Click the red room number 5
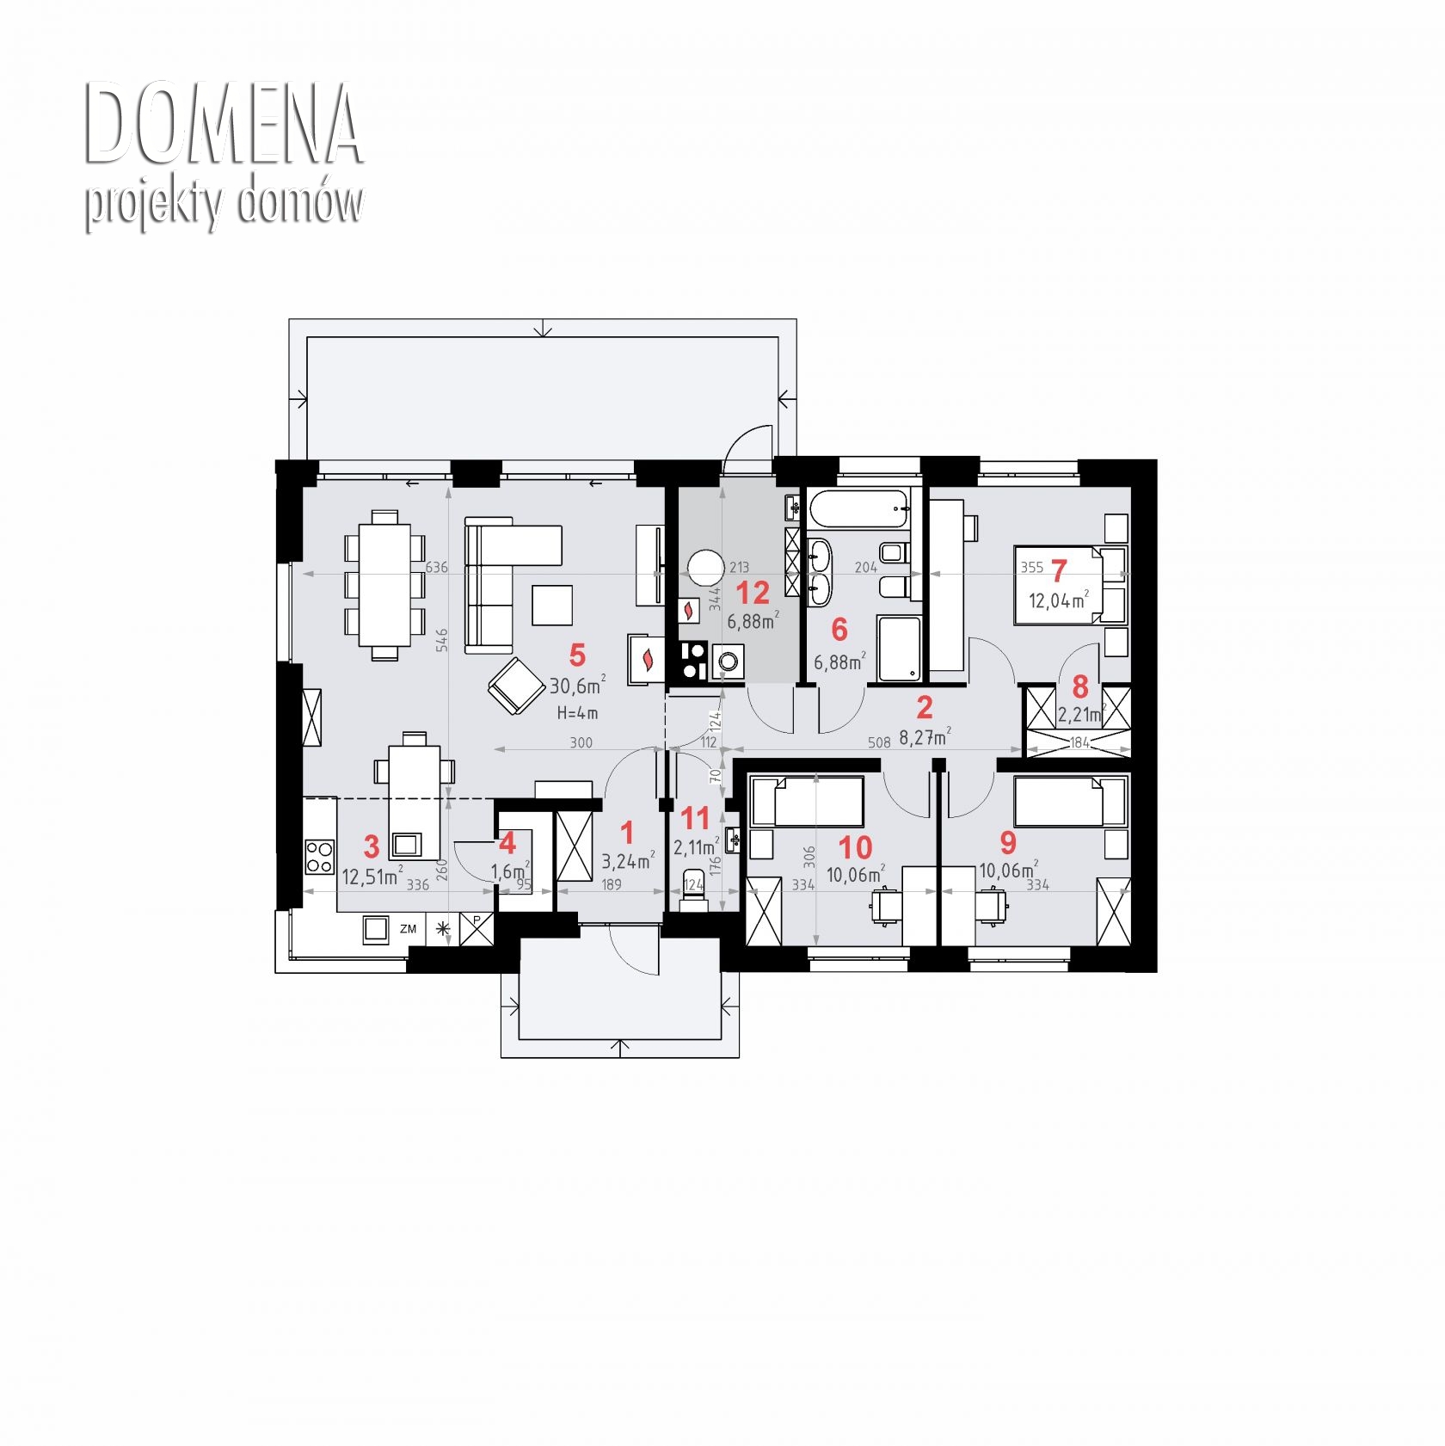click(577, 655)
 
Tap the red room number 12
click(753, 593)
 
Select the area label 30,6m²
click(577, 686)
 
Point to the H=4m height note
click(577, 713)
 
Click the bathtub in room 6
click(858, 509)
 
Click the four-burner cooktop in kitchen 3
click(319, 858)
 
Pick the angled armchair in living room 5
click(516, 686)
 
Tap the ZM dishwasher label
click(408, 929)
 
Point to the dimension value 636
click(437, 568)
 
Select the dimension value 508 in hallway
click(879, 742)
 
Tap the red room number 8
click(1080, 687)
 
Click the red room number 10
click(855, 849)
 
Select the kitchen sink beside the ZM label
click(376, 929)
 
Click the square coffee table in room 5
click(552, 605)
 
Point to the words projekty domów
click(224, 205)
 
